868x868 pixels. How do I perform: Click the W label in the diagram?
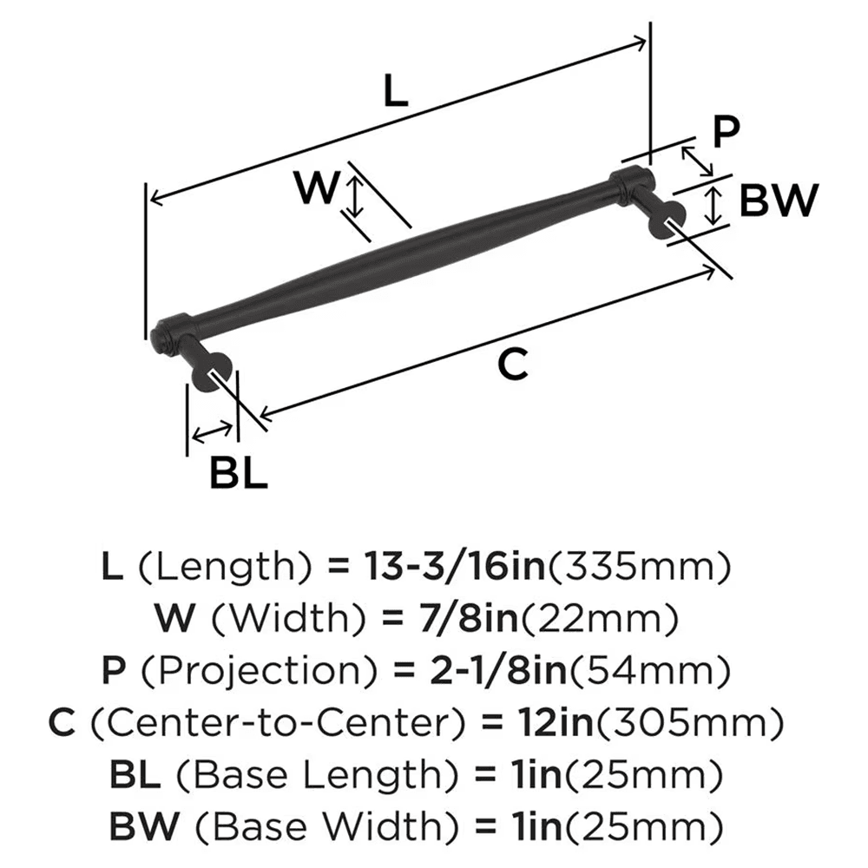314,188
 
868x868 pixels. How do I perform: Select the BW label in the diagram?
779,202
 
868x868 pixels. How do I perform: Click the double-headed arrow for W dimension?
354,196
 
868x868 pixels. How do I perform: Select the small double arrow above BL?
213,431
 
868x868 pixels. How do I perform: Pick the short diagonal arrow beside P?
697,160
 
